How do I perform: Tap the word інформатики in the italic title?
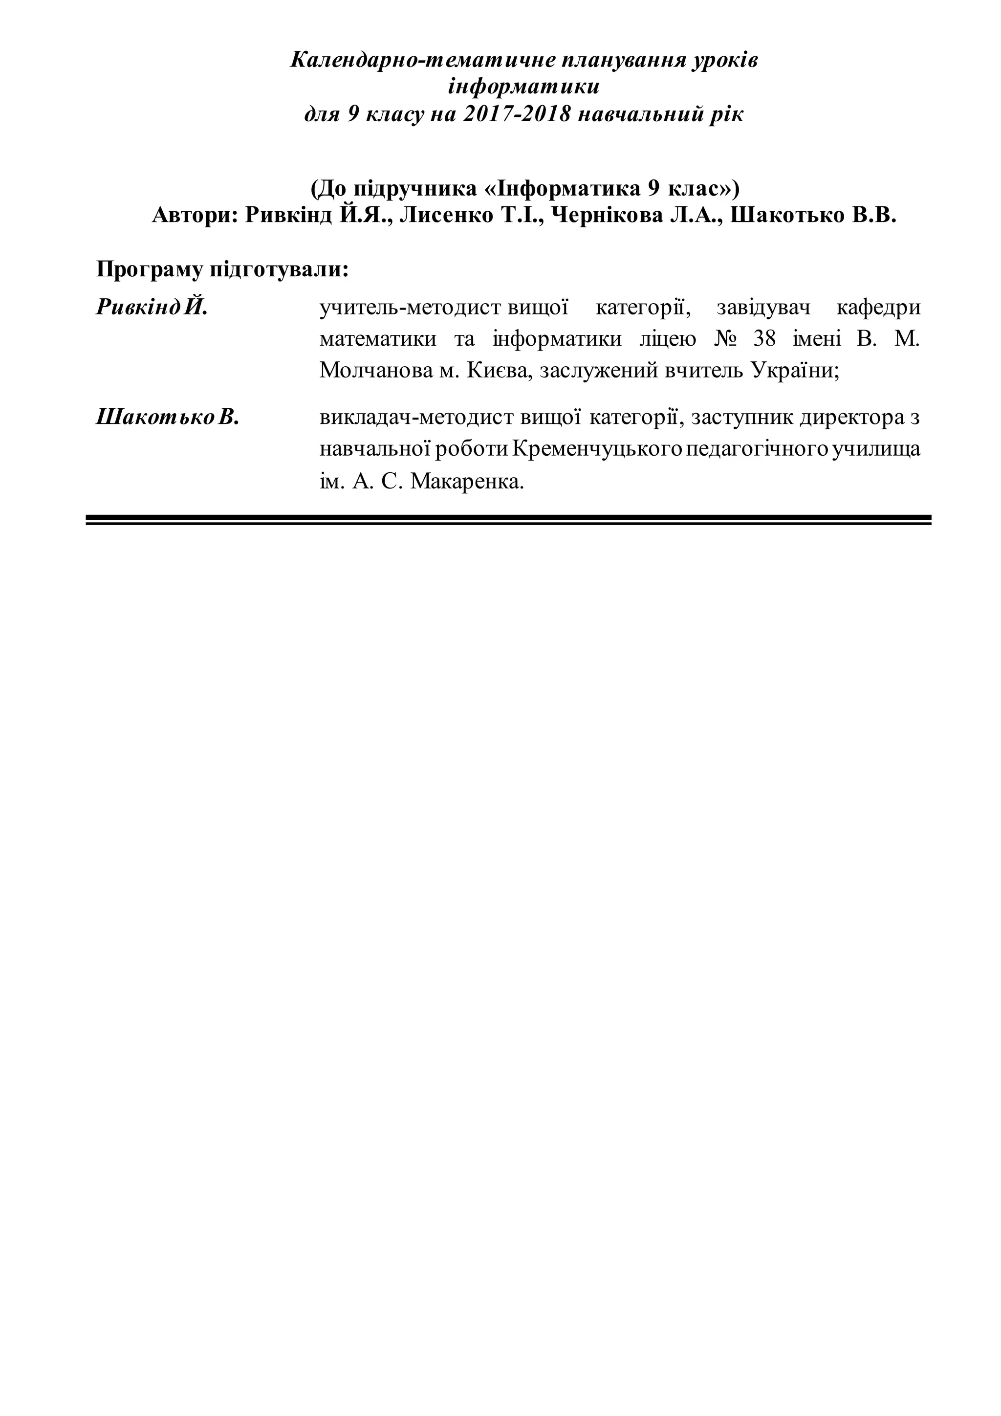point(523,87)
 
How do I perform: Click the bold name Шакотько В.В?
point(813,215)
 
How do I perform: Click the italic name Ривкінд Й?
point(152,307)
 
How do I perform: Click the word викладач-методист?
point(416,418)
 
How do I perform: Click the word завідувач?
point(763,307)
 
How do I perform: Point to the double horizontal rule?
point(508,520)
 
